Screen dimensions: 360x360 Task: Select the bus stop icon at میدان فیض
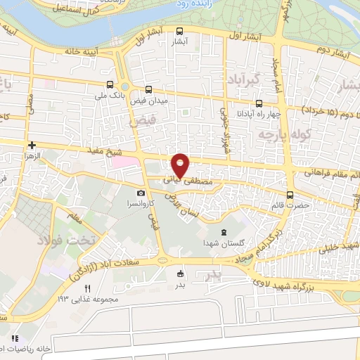pyautogui.click(x=148, y=89)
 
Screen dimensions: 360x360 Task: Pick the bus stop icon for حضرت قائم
pyautogui.click(x=290, y=195)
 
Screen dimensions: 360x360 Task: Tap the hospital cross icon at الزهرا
pyautogui.click(x=31, y=145)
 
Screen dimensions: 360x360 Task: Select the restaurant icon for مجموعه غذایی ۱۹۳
pyautogui.click(x=88, y=288)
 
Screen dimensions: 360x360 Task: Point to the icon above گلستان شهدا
pyautogui.click(x=224, y=233)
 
